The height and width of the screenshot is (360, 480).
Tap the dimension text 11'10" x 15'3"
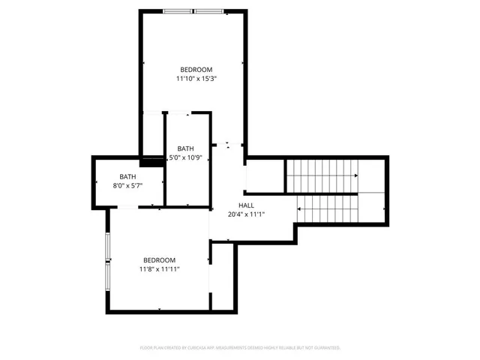click(x=197, y=78)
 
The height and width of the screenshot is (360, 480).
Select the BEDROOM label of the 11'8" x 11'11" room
click(x=159, y=259)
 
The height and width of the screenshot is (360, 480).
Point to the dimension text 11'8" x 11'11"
click(x=159, y=268)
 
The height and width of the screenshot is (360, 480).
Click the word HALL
click(x=246, y=205)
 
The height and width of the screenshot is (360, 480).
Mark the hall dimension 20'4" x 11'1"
click(x=246, y=214)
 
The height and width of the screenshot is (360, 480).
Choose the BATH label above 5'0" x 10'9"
click(x=185, y=148)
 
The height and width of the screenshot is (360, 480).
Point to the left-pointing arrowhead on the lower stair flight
click(x=298, y=208)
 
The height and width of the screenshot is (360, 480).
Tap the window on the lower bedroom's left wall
click(x=108, y=260)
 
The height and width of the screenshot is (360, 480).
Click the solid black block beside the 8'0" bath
click(x=152, y=160)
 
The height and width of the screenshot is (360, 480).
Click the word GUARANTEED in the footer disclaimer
click(x=323, y=348)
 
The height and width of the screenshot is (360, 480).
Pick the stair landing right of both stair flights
click(x=373, y=191)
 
